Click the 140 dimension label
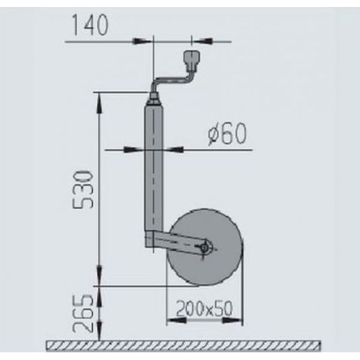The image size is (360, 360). pyautogui.click(x=90, y=25)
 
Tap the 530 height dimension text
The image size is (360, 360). pyautogui.click(x=83, y=189)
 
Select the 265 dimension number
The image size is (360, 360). pyautogui.click(x=83, y=313)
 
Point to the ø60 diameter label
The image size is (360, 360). pyautogui.click(x=227, y=134)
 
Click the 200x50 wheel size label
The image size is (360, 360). pyautogui.click(x=204, y=308)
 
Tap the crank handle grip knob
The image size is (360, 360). pyautogui.click(x=192, y=60)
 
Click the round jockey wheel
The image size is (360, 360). pyautogui.click(x=204, y=247)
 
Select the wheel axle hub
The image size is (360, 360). pyautogui.click(x=205, y=248)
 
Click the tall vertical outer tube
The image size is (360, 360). pyautogui.click(x=154, y=168)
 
